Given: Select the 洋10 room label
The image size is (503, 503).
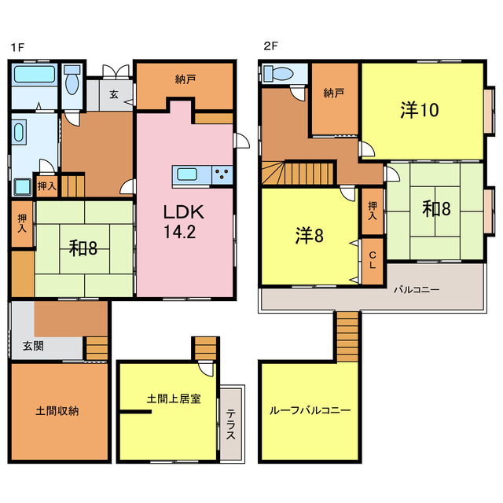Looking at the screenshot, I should [x=419, y=110].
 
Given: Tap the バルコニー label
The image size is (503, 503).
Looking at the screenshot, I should [x=417, y=289].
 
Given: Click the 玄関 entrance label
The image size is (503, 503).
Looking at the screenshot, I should [x=32, y=345].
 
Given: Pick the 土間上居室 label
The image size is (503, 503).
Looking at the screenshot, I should [x=173, y=399].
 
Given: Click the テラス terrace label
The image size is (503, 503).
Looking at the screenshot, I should [x=233, y=423].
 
